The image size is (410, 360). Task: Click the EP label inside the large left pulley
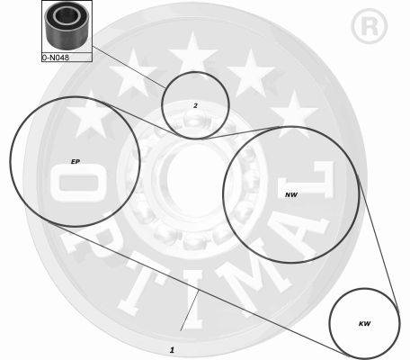76,162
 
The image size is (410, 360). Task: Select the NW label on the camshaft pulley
291,195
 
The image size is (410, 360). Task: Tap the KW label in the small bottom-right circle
364,324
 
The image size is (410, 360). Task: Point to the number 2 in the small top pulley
195,105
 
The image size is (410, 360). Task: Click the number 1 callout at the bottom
172,350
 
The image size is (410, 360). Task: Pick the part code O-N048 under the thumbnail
56,58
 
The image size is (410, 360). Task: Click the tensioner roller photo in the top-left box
67,26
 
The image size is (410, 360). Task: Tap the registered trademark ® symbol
370,26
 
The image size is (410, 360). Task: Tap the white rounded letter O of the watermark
78,184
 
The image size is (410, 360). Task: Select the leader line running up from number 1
190,310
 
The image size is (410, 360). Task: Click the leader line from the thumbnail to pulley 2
129,67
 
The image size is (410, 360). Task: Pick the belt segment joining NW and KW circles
379,244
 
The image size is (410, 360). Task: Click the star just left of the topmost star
132,74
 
